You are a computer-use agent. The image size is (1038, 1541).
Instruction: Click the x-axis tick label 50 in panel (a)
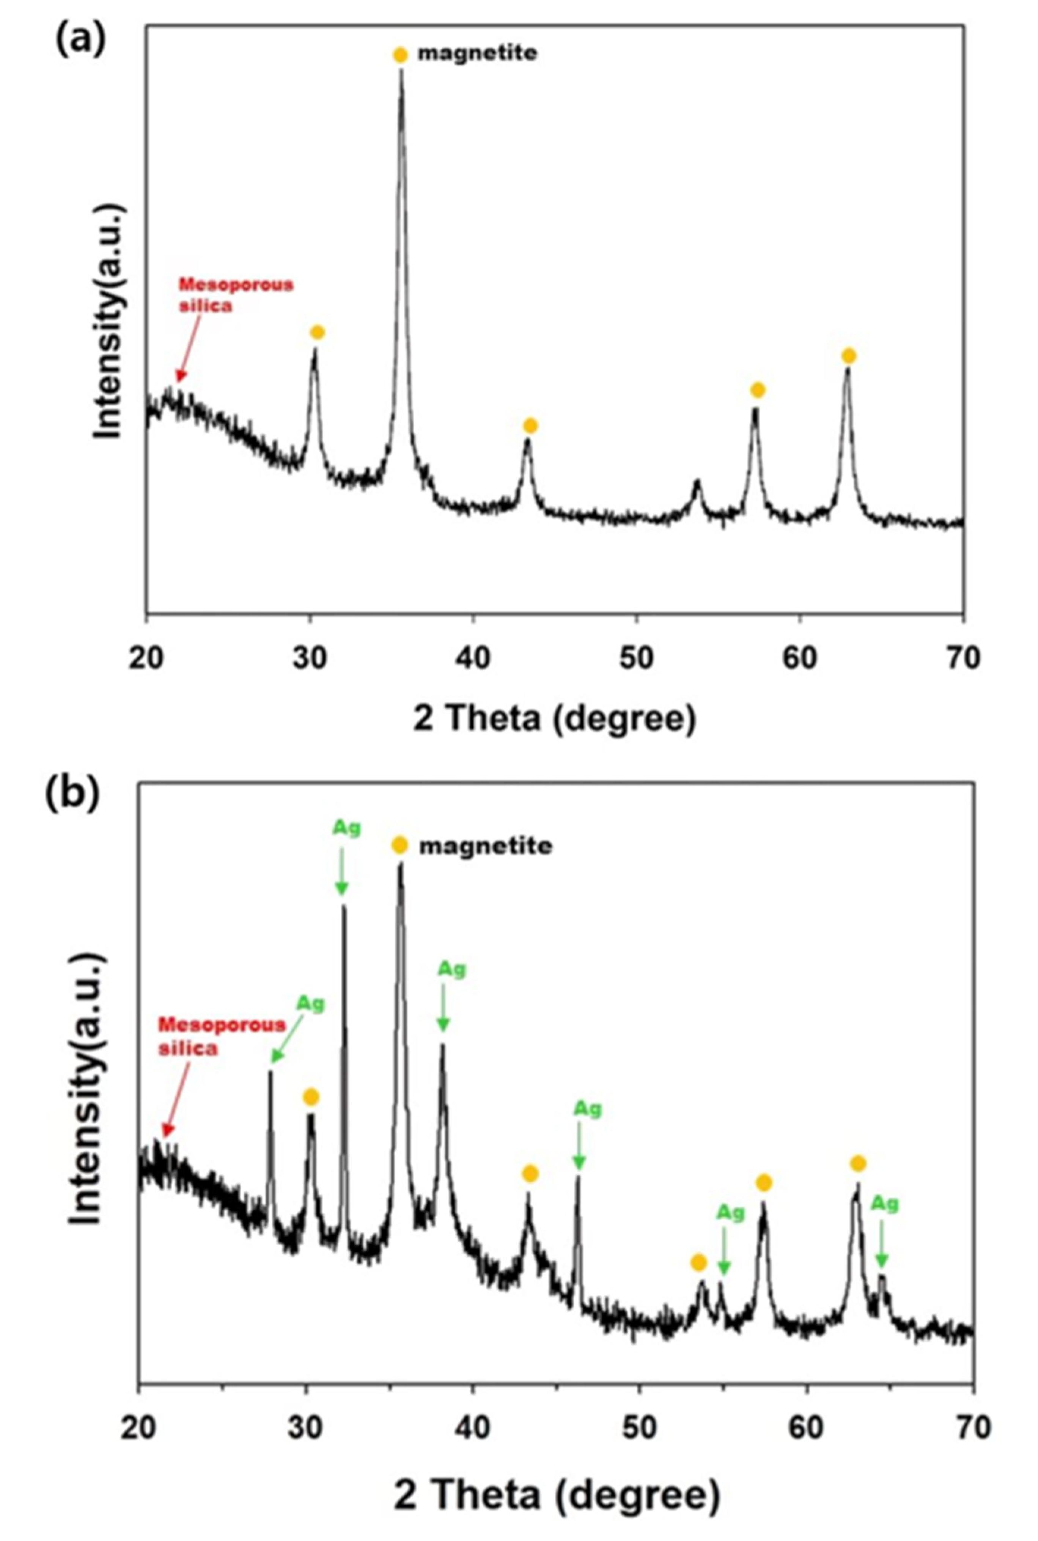pos(636,660)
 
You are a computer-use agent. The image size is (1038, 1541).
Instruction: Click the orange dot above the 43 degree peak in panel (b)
pos(530,1174)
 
